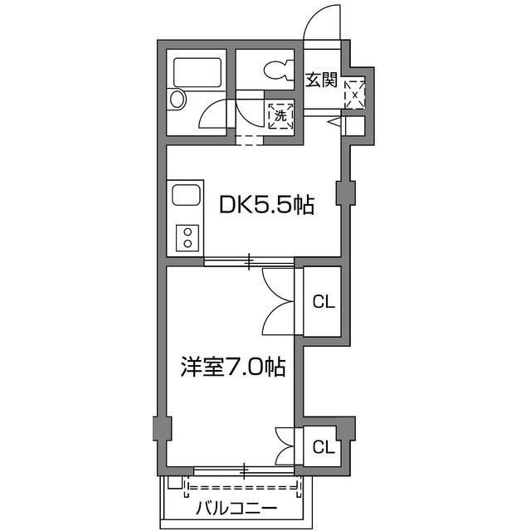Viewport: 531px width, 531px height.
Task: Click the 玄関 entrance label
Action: point(320,80)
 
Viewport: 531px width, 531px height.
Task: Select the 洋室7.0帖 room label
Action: point(233,366)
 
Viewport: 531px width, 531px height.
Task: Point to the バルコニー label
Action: point(236,508)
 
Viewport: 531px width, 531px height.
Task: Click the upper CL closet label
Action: point(324,301)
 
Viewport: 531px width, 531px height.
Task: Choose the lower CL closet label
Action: point(324,447)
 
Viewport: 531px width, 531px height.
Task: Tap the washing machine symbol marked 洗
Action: point(280,116)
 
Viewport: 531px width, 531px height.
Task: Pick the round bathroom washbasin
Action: point(177,100)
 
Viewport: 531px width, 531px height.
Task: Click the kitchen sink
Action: point(184,198)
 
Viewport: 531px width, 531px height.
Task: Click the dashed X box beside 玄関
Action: point(355,94)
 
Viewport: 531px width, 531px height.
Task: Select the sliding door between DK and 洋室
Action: point(249,263)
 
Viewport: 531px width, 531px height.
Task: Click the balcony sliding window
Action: point(244,471)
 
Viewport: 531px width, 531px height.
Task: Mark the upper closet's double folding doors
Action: point(279,300)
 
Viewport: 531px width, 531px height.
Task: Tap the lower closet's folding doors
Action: point(285,446)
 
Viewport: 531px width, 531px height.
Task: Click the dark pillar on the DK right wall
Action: point(344,192)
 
